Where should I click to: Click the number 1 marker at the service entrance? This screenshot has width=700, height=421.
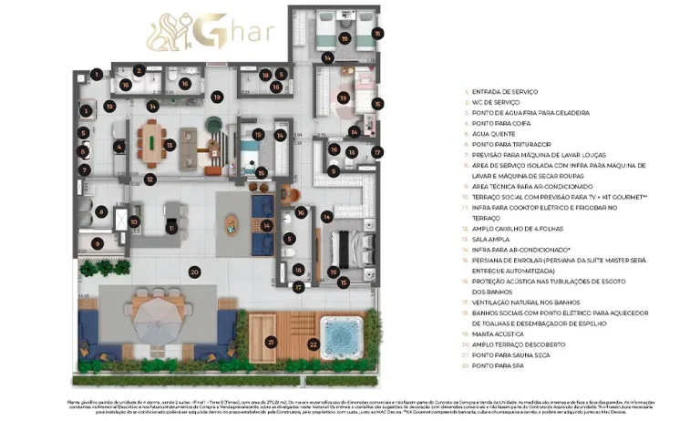(97, 75)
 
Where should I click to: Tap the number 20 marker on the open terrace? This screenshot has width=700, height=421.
(194, 272)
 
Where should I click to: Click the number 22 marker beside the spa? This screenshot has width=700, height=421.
(313, 344)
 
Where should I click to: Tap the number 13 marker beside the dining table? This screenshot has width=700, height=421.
(170, 144)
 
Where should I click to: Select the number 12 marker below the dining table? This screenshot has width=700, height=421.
(149, 180)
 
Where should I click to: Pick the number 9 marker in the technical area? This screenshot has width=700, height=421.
(97, 243)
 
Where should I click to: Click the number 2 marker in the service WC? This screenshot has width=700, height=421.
(139, 70)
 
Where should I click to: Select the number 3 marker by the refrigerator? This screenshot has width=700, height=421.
(85, 111)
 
